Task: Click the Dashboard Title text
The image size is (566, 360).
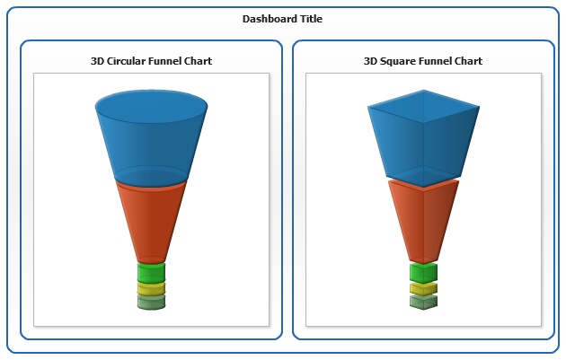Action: (x=282, y=19)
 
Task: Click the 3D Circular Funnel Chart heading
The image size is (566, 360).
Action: (x=151, y=61)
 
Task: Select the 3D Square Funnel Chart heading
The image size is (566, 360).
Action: (x=422, y=61)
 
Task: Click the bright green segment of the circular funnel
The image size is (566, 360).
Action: (x=151, y=273)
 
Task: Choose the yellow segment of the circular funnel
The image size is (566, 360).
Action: (x=151, y=289)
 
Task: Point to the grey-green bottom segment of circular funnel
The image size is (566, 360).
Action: (x=151, y=303)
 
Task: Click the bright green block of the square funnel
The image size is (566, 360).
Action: (x=423, y=273)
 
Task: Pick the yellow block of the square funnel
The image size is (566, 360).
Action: (x=423, y=289)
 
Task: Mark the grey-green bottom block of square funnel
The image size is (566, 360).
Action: (x=423, y=302)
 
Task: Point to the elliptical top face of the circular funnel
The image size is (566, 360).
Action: (x=151, y=107)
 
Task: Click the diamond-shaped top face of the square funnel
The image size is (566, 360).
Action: (x=423, y=106)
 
